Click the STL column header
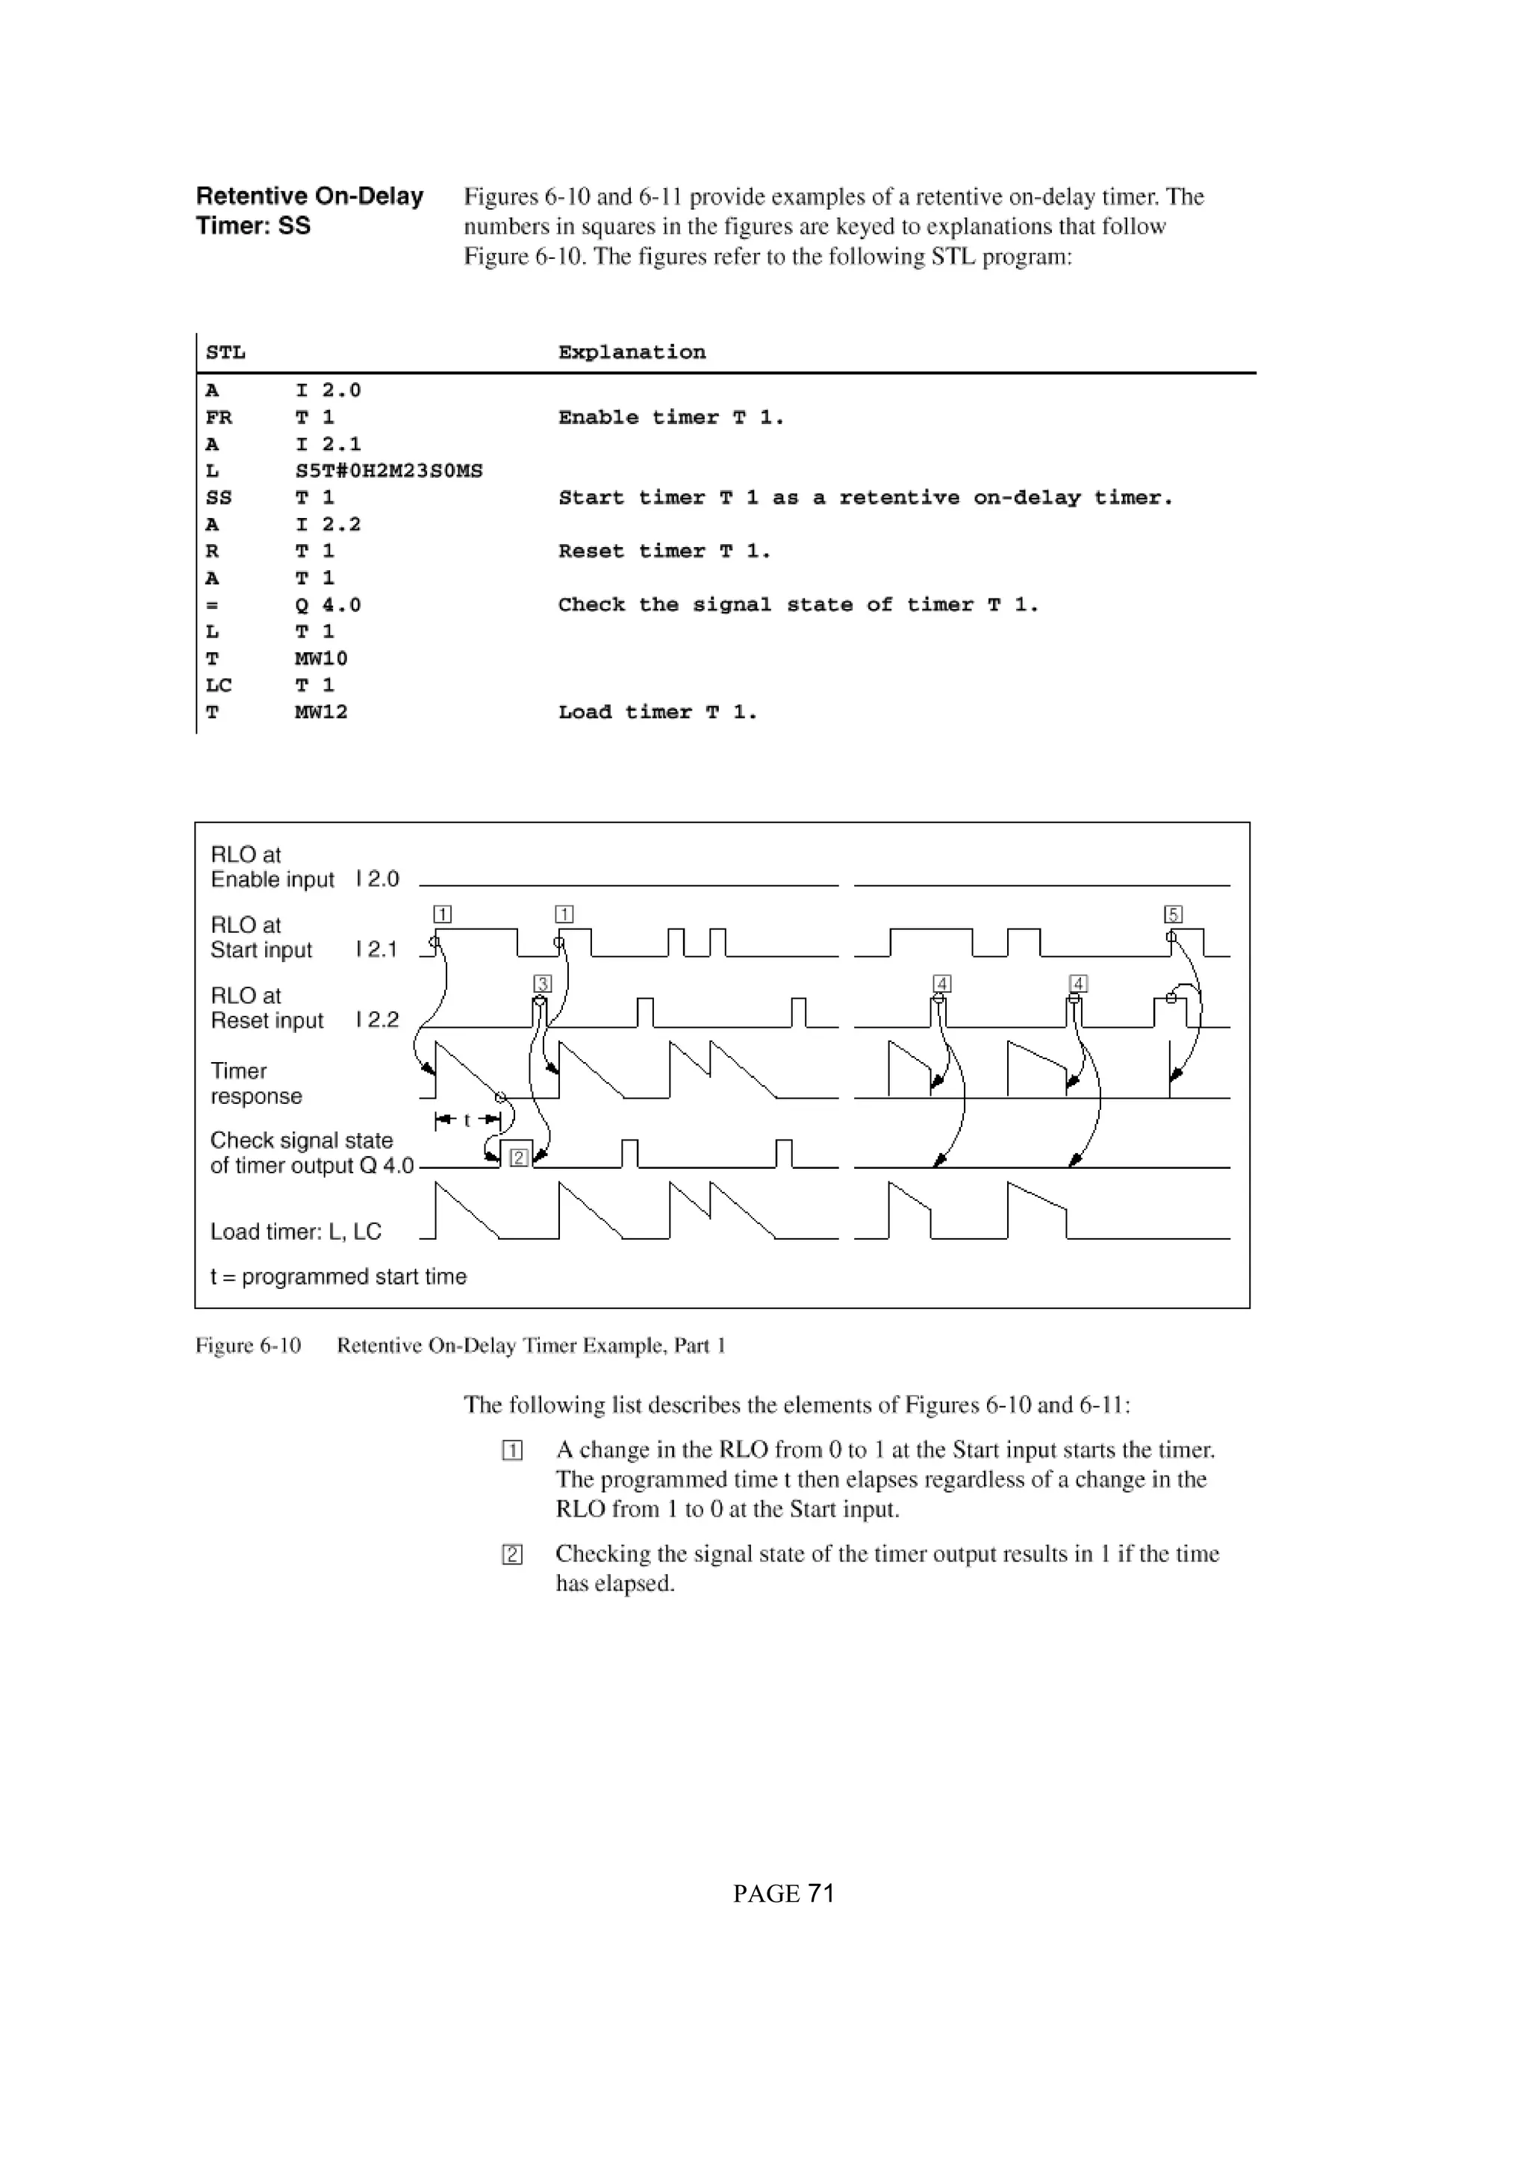[225, 352]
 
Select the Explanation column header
[631, 352]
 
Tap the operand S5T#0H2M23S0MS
[388, 470]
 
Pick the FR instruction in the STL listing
[219, 416]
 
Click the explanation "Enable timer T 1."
[670, 416]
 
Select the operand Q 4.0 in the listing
[328, 605]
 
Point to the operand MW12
[321, 712]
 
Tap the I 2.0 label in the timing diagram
[377, 879]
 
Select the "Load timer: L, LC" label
[295, 1232]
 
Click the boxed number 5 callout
[1173, 914]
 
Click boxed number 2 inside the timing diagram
[518, 1158]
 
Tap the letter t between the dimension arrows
[467, 1120]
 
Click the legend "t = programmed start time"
[338, 1276]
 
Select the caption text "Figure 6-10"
[248, 1345]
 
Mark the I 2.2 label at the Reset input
[377, 1020]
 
